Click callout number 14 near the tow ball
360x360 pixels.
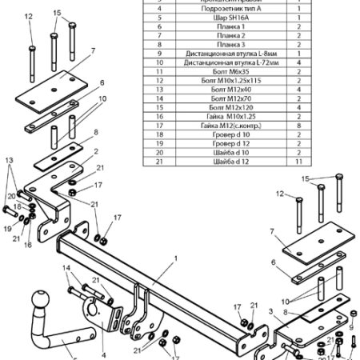67,267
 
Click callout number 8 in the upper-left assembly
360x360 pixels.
95,132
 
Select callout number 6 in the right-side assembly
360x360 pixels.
273,262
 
